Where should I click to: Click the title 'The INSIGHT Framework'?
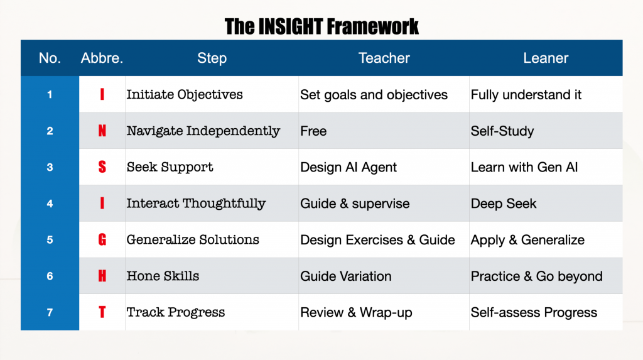coord(321,26)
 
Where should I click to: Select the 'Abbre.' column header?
coord(102,58)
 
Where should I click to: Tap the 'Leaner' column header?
coord(546,58)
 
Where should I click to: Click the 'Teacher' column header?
coord(384,58)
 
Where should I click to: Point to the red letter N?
coord(102,131)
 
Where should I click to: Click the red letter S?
coord(102,166)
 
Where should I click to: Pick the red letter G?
coord(102,239)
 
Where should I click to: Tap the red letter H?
coord(102,275)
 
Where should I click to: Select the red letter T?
coord(102,312)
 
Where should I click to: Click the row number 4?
coord(50,203)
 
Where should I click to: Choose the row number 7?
coord(50,312)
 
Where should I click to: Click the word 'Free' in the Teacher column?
coord(313,131)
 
